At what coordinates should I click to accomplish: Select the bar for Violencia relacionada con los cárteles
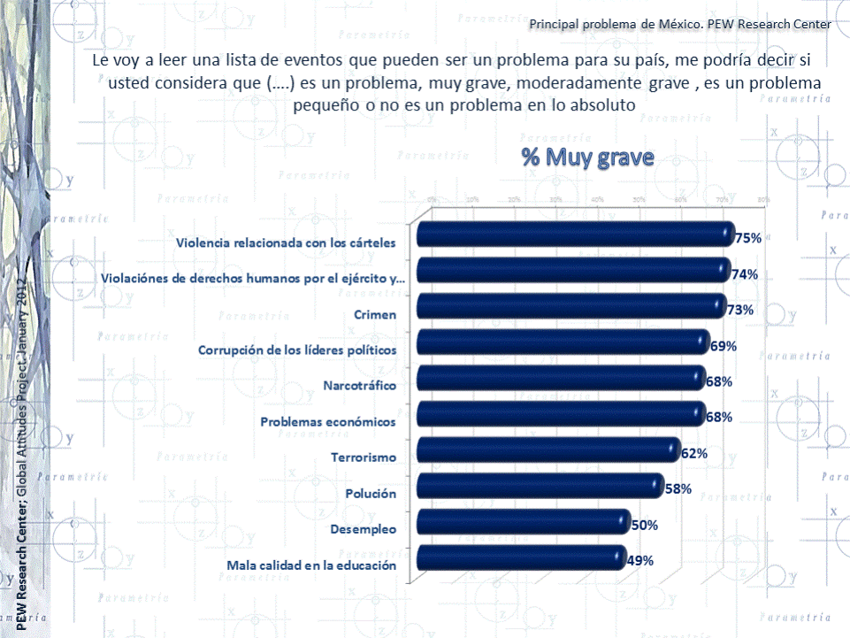pos(575,234)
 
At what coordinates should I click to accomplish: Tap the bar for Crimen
pos(570,306)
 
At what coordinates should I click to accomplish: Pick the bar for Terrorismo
pos(548,450)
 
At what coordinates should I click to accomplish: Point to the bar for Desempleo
pos(523,522)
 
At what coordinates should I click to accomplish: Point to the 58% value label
pos(678,489)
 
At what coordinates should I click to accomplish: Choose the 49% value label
pos(640,560)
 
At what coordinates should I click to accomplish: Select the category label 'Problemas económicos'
pos(327,422)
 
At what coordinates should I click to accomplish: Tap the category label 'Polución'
pos(371,494)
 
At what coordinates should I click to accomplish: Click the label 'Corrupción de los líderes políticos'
pos(296,350)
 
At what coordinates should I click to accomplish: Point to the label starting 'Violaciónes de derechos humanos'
pos(253,279)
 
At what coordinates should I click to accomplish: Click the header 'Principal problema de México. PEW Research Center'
pos(679,24)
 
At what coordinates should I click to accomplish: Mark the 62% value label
pos(693,454)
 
